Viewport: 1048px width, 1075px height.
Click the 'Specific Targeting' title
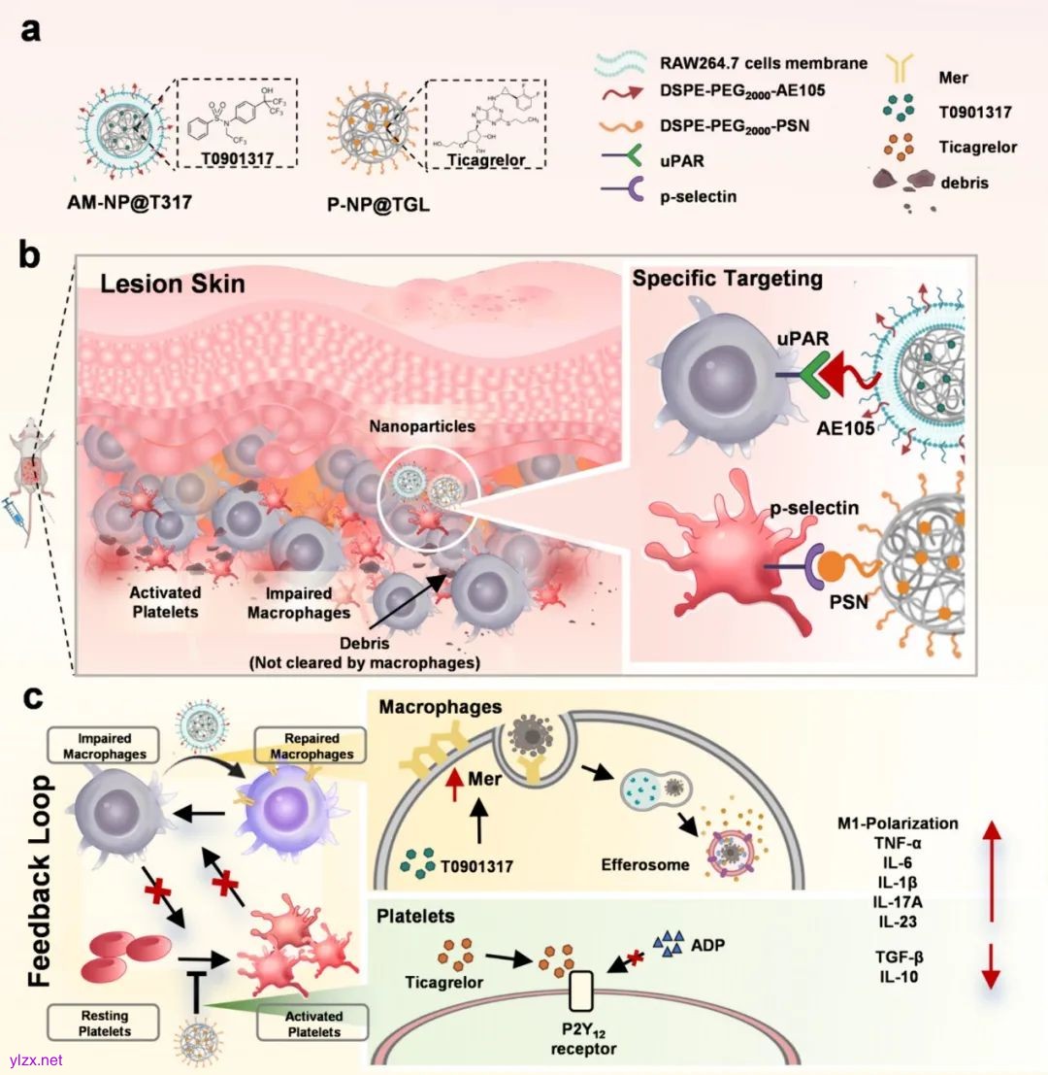728,279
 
